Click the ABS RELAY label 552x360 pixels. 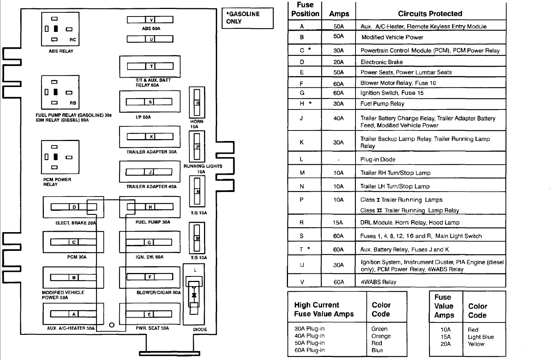[61, 51]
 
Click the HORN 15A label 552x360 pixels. [196, 124]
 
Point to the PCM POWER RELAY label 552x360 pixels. [57, 182]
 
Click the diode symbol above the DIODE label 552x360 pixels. [194, 295]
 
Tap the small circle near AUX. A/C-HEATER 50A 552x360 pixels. [111, 325]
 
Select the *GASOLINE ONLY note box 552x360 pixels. [247, 18]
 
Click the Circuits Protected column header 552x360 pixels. [430, 14]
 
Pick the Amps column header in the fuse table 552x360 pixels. [339, 14]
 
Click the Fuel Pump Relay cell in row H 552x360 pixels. [382, 103]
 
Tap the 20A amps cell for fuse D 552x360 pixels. [338, 62]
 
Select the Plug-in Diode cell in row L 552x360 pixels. [378, 159]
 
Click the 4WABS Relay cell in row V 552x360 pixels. [378, 282]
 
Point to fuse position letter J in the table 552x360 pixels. [301, 118]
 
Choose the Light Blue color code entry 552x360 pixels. [481, 337]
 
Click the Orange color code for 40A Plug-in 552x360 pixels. [381, 336]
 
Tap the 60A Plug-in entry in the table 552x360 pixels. [309, 350]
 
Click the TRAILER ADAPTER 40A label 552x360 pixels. [151, 186]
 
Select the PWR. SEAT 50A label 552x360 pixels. [152, 328]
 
